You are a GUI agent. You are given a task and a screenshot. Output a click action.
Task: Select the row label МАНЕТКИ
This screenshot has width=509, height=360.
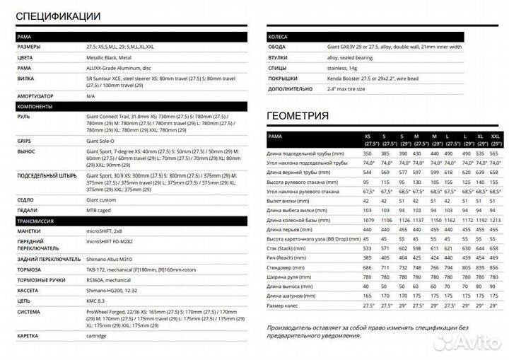31,231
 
